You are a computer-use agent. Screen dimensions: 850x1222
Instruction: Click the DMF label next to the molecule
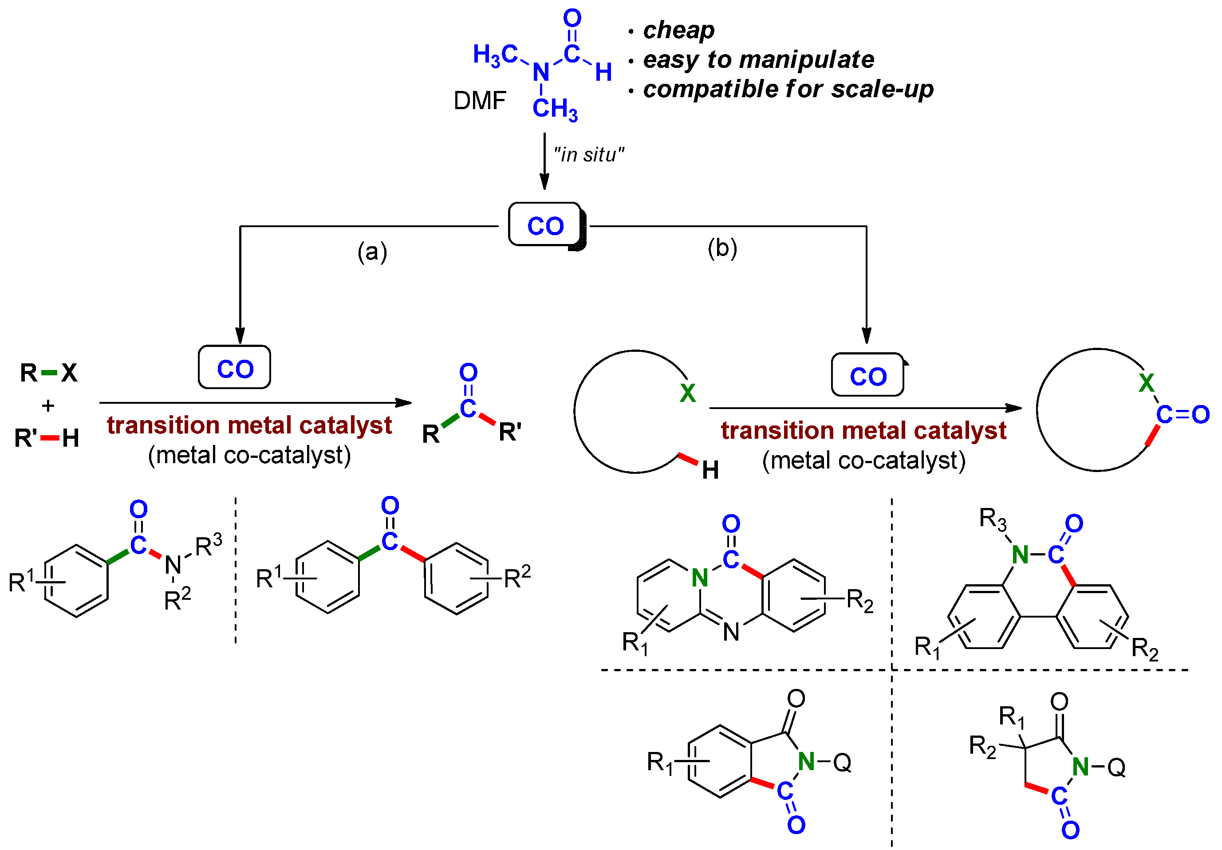click(479, 101)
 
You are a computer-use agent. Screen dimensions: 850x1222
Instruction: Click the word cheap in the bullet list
click(678, 30)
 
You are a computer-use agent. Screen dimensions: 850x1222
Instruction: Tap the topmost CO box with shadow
click(545, 225)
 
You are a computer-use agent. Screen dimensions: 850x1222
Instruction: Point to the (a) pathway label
click(372, 251)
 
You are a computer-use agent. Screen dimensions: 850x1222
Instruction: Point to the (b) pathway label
click(722, 248)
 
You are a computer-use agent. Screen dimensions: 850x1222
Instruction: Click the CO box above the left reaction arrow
click(234, 368)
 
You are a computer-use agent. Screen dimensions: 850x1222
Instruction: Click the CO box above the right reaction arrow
click(867, 376)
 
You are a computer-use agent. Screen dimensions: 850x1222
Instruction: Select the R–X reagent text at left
click(48, 373)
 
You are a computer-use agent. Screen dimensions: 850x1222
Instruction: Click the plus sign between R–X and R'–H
click(48, 405)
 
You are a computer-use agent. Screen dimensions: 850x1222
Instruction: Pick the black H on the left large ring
click(710, 470)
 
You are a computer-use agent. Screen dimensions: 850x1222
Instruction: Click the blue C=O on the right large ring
click(1183, 414)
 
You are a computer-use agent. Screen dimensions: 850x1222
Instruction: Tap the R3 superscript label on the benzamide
click(208, 545)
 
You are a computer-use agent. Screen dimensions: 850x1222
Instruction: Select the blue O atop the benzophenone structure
click(390, 505)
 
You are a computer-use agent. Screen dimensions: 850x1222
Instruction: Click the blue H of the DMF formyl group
click(603, 72)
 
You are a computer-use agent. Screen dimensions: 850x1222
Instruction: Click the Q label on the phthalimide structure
click(842, 763)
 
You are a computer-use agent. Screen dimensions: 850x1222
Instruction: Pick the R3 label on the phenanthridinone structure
click(993, 519)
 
